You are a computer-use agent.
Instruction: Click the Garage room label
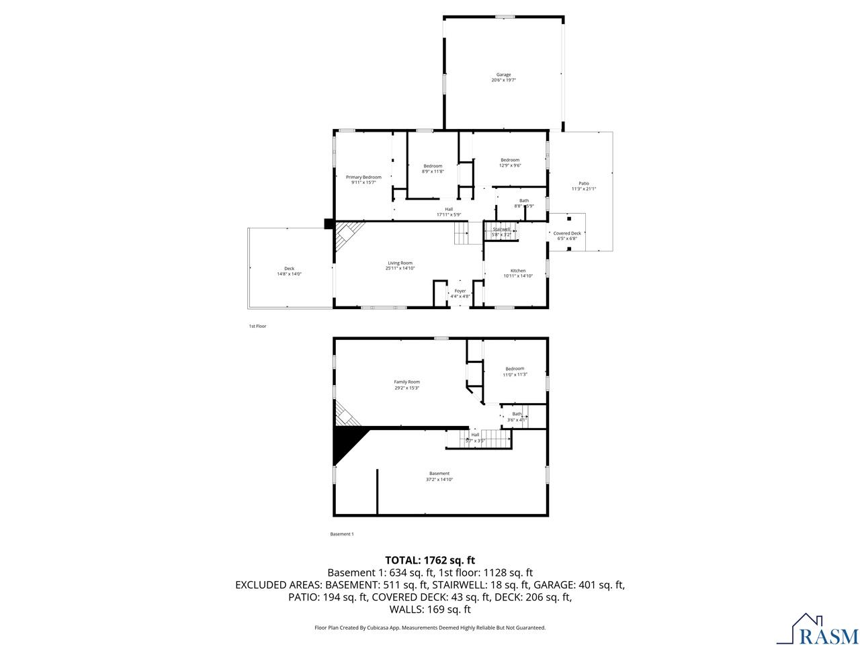(503, 77)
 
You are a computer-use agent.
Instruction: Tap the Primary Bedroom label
(363, 179)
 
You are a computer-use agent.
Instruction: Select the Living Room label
(400, 265)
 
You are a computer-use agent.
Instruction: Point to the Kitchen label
(518, 273)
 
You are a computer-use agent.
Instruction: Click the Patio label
(584, 186)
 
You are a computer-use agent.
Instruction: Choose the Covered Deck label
(567, 235)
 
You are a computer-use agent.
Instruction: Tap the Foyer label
(460, 293)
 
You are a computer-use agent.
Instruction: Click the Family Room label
(406, 384)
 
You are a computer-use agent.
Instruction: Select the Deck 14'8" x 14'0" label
(289, 271)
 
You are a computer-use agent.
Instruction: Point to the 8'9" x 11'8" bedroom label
(433, 169)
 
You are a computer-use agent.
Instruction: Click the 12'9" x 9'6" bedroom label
(510, 163)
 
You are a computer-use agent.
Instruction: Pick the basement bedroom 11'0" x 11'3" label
(515, 371)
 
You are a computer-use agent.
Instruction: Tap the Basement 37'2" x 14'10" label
(439, 476)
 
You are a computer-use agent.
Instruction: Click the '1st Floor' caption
(258, 326)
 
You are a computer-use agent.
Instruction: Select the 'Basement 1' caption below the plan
(341, 534)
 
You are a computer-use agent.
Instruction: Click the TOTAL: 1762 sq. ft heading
(431, 560)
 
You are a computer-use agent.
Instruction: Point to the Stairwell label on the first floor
(501, 232)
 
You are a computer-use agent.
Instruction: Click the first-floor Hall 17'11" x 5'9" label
(448, 212)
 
